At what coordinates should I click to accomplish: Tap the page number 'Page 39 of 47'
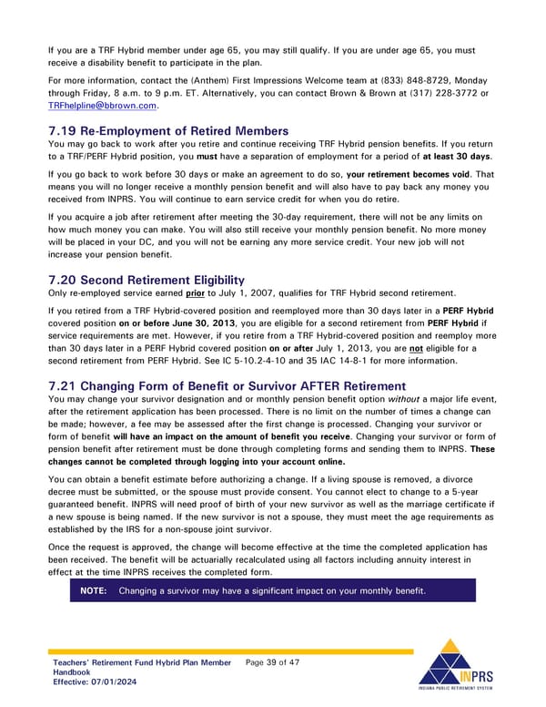point(272,662)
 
